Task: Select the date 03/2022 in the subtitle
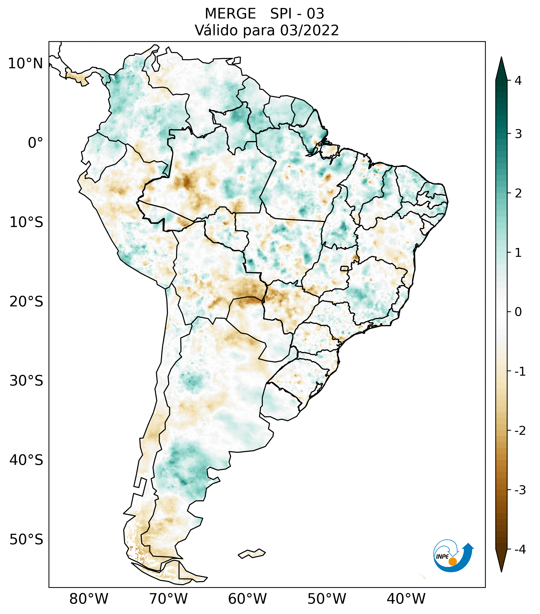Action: tap(309, 30)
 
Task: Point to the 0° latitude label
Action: tap(35, 143)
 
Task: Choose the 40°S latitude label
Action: tap(26, 460)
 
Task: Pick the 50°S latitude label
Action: tap(26, 539)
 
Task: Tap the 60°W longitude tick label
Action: tap(247, 598)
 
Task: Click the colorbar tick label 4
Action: tap(518, 81)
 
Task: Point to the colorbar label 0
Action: tap(518, 312)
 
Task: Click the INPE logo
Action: tap(453, 555)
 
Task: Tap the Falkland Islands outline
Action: tap(252, 553)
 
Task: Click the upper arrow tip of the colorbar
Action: tap(501, 59)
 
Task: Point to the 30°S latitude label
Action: tap(26, 381)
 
